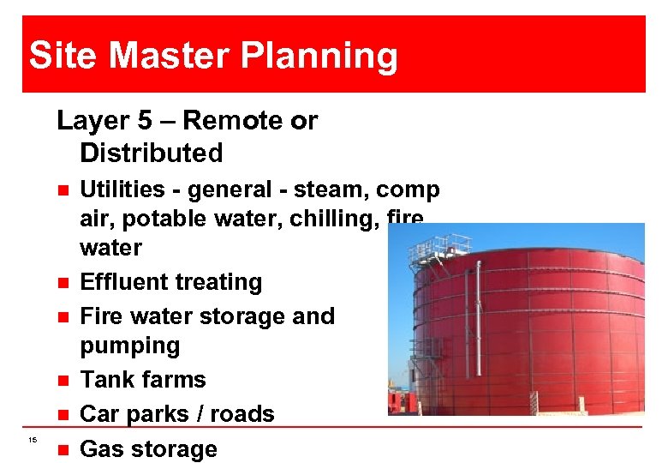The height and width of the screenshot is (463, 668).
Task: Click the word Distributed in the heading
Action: (x=151, y=153)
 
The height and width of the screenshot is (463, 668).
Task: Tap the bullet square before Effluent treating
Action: (x=57, y=282)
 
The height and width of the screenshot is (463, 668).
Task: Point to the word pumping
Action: (x=129, y=346)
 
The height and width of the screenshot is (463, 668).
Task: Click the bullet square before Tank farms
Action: (x=57, y=380)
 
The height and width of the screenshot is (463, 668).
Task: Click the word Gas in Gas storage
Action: (x=102, y=448)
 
